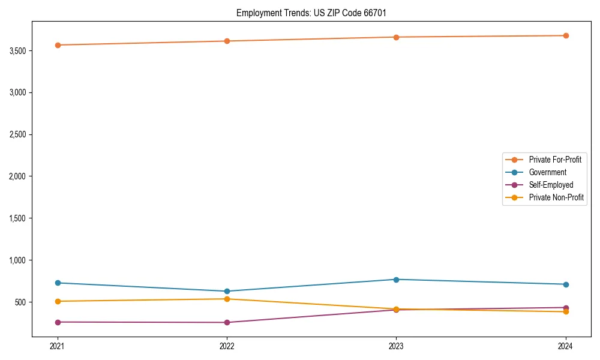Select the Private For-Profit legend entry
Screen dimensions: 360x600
(x=554, y=160)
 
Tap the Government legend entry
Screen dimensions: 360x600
(x=547, y=172)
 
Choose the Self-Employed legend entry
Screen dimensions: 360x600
(x=551, y=185)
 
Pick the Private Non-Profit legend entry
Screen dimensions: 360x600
(x=556, y=197)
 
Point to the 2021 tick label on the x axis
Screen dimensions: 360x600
(x=58, y=346)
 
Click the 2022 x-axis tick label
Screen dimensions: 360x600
(x=227, y=346)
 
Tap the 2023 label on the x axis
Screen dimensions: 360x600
(x=396, y=346)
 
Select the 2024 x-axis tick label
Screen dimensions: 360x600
(x=566, y=346)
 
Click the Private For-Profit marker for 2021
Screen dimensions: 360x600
(x=58, y=45)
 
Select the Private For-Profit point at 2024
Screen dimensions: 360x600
(x=566, y=35)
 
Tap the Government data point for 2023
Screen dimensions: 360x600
(x=396, y=280)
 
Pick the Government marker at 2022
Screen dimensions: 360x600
(x=227, y=291)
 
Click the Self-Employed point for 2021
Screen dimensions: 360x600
(x=58, y=322)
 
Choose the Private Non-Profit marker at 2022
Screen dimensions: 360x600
(x=227, y=299)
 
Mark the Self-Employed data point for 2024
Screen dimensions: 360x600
(x=566, y=308)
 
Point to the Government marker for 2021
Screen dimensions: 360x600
(x=58, y=283)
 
